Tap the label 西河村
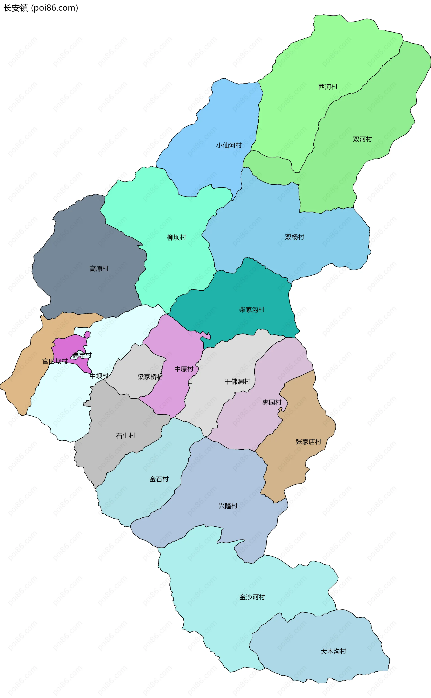click(x=328, y=87)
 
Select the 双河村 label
click(x=362, y=139)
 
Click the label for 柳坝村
click(x=176, y=238)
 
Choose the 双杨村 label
click(x=295, y=237)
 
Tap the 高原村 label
click(x=99, y=269)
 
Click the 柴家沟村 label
click(x=252, y=310)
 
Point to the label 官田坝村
click(x=55, y=362)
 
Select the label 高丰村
click(x=82, y=355)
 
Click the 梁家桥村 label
click(x=150, y=377)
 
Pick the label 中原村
click(x=184, y=369)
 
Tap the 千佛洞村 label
click(x=237, y=382)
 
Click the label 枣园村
click(x=272, y=402)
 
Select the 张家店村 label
click(x=308, y=442)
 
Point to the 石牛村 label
click(x=125, y=436)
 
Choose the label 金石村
click(x=159, y=479)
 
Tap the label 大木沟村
click(x=333, y=652)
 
